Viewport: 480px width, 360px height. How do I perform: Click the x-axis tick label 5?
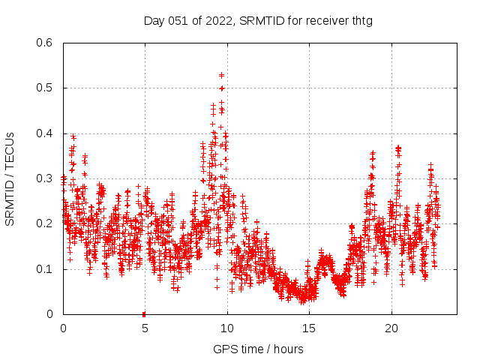pyautogui.click(x=145, y=328)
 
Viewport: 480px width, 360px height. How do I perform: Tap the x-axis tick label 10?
pyautogui.click(x=226, y=328)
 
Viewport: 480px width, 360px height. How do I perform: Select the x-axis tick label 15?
pyautogui.click(x=308, y=328)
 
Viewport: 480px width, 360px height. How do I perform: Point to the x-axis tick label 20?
pyautogui.click(x=391, y=328)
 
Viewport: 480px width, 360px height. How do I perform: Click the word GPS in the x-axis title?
pyautogui.click(x=223, y=349)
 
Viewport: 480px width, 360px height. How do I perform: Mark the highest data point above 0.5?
pyautogui.click(x=221, y=75)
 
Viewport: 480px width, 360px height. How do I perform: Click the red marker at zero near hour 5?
pyautogui.click(x=144, y=313)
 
